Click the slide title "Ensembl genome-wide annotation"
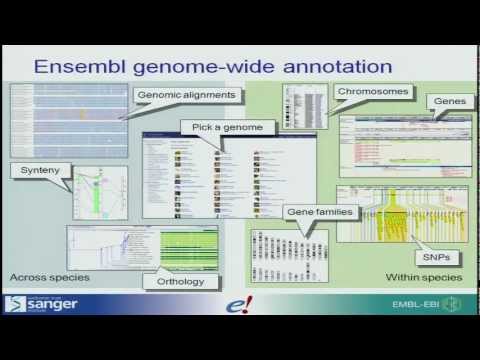[x=212, y=68]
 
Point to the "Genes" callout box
[x=447, y=103]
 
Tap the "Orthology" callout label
[x=181, y=281]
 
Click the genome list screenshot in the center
[x=211, y=175]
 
